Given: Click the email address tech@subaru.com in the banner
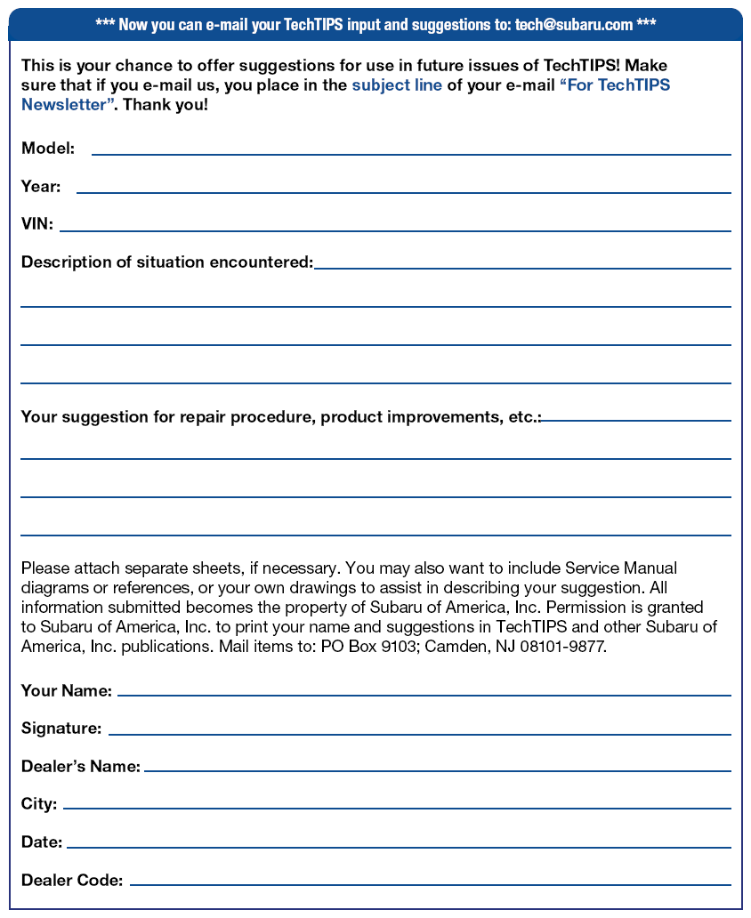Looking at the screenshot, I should [x=573, y=24].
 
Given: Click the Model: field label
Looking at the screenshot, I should [x=48, y=149].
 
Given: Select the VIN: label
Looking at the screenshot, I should [x=37, y=224].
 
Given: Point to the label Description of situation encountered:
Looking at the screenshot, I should [x=167, y=262].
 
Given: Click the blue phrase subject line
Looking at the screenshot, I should [x=397, y=86].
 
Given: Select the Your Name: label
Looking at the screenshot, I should [x=67, y=690].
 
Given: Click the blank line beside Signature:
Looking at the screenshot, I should [x=419, y=732].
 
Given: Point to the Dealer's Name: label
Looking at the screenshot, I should [x=81, y=766].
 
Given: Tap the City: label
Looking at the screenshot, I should [x=39, y=804].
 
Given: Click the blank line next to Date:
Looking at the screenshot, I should [x=399, y=845].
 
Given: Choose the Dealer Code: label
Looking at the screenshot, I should [x=72, y=881].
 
